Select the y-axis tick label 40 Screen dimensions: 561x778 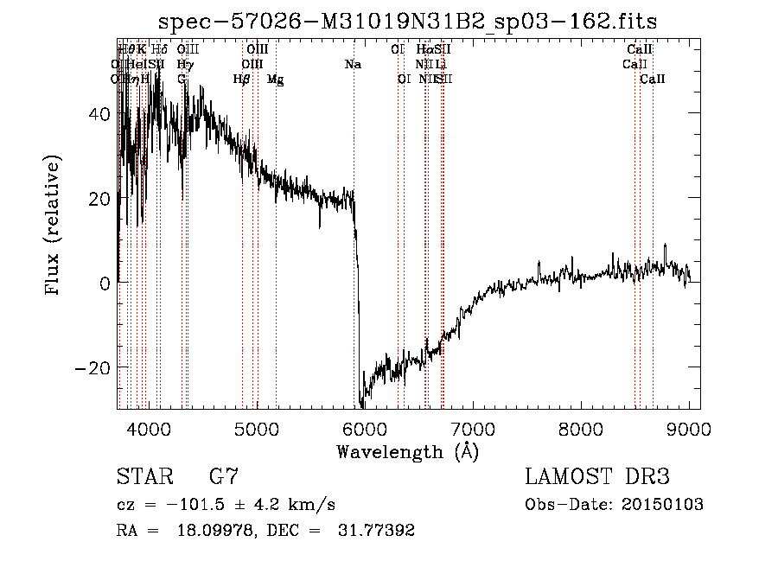click(100, 114)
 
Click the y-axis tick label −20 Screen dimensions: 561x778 click(95, 367)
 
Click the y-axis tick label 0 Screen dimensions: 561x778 click(105, 284)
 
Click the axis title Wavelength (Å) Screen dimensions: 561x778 click(407, 451)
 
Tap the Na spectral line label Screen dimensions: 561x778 click(353, 65)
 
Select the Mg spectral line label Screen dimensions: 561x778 click(275, 80)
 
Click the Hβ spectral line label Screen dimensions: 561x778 click(241, 80)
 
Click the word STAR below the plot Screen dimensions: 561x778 click(144, 477)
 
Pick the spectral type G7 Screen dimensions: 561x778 click(223, 477)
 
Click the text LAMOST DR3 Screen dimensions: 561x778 click(597, 477)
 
